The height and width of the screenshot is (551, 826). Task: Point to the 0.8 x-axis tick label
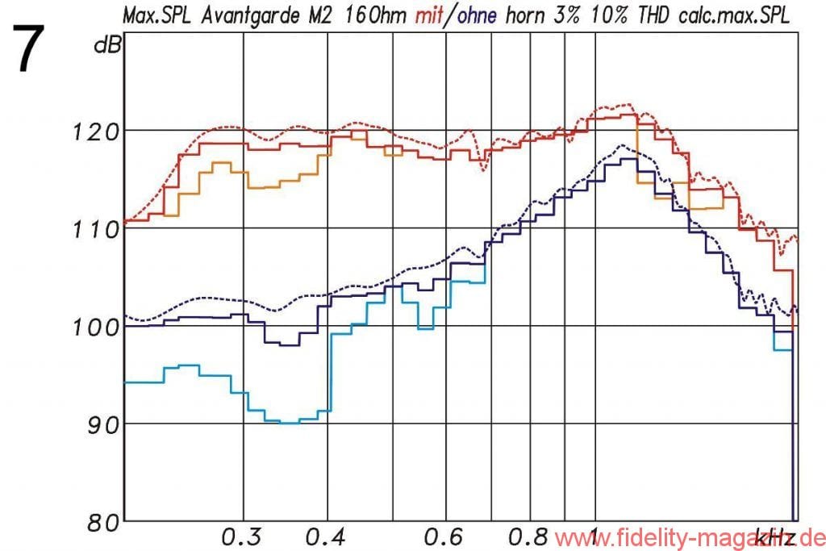click(x=529, y=536)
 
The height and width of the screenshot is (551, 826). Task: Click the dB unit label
click(x=106, y=46)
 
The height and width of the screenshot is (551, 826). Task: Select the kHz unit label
click(x=772, y=536)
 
